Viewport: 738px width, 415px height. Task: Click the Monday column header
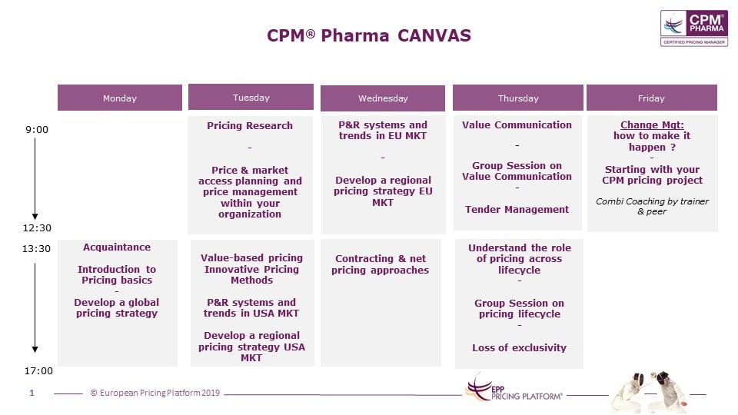(x=120, y=98)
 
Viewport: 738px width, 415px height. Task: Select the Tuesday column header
(x=251, y=97)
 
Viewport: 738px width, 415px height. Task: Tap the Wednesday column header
(x=383, y=98)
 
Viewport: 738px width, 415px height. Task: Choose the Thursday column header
(x=517, y=98)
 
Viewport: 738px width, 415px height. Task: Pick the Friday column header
(x=651, y=98)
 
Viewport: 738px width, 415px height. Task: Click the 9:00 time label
(x=37, y=129)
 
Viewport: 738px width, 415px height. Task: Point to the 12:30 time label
(x=37, y=227)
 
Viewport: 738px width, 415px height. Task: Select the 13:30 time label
(x=36, y=248)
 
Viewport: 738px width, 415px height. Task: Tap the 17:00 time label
(x=38, y=370)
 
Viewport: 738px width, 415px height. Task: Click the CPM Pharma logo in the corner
(x=693, y=28)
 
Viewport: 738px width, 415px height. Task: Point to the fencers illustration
(x=651, y=390)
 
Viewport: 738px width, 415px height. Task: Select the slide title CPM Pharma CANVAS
(x=369, y=35)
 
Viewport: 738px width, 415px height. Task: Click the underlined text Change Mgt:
(x=652, y=124)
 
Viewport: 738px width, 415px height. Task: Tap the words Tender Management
(x=517, y=209)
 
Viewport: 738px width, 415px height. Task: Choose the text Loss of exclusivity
(x=519, y=347)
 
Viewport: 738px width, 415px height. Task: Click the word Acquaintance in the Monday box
(x=117, y=247)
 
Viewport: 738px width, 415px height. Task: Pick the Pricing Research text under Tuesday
(x=250, y=125)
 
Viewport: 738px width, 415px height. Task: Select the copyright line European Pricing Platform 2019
(x=155, y=393)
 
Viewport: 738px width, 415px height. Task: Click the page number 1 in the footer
(x=32, y=393)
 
